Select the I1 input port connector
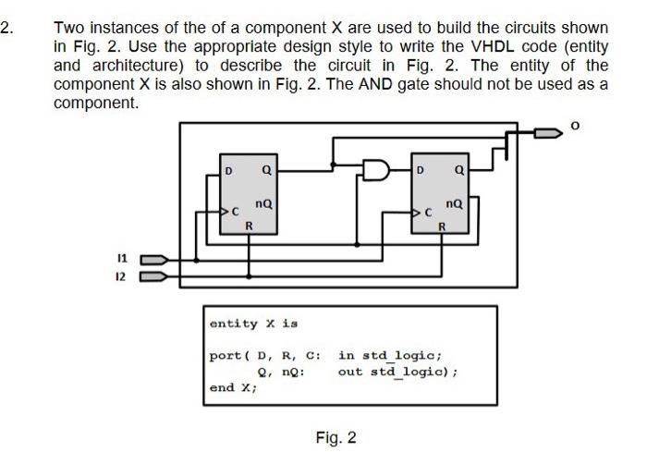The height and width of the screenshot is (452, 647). (x=153, y=260)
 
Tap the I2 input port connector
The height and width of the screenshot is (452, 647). (x=153, y=275)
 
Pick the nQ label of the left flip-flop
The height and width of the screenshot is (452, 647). (x=262, y=202)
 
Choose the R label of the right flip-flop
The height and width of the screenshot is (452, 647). (x=442, y=226)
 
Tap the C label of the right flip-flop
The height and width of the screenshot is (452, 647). (x=428, y=213)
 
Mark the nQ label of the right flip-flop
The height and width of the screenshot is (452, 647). (x=454, y=202)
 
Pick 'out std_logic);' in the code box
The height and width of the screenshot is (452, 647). (x=398, y=372)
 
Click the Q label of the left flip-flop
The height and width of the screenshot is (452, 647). (x=266, y=170)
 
